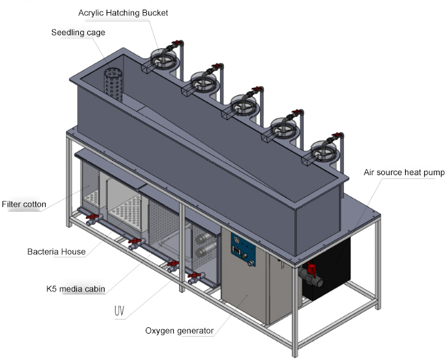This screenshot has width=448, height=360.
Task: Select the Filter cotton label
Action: pyautogui.click(x=24, y=205)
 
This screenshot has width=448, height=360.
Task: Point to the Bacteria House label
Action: pyautogui.click(x=56, y=252)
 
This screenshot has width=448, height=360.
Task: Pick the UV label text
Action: pyautogui.click(x=119, y=312)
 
